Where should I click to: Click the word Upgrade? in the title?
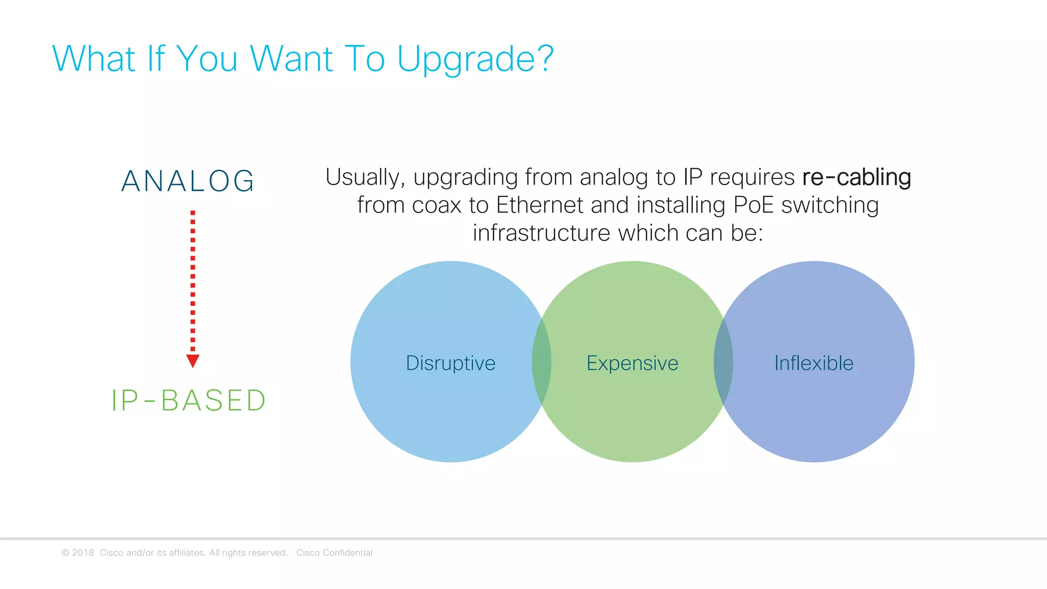tap(475, 59)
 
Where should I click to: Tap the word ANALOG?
tap(188, 181)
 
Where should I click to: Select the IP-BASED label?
tap(189, 400)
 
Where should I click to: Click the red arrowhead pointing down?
tap(193, 360)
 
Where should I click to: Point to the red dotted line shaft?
tap(193, 281)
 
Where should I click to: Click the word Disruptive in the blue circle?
tap(450, 363)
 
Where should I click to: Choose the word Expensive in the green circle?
tap(632, 363)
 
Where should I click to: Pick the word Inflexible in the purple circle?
tap(813, 363)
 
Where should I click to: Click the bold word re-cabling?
tap(856, 177)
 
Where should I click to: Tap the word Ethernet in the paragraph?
tap(540, 206)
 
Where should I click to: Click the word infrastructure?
tap(541, 234)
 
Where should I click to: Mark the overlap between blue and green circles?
tap(541, 362)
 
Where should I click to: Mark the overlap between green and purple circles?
tap(723, 362)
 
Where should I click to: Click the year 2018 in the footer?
tap(83, 553)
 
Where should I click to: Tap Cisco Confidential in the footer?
tap(334, 553)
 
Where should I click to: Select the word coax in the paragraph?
tap(436, 206)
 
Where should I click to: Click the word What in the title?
tap(94, 59)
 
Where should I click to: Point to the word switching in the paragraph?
tap(830, 206)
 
